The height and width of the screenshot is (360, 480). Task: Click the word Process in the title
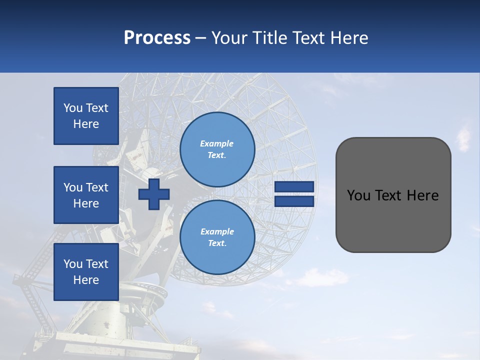(157, 38)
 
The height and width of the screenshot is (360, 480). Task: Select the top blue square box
(86, 116)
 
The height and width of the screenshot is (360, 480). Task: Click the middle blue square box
(86, 195)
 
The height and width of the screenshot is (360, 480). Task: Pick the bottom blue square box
(86, 272)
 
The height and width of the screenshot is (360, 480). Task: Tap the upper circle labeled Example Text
(217, 149)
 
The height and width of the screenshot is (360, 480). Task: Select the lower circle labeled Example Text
(217, 237)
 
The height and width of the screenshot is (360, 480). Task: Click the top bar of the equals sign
(294, 186)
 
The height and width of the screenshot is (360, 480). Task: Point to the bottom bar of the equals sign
(294, 201)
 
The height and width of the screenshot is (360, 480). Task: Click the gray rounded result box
(393, 195)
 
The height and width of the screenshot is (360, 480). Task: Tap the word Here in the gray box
(422, 195)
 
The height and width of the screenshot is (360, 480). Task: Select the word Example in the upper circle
(217, 143)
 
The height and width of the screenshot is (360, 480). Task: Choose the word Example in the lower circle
(217, 231)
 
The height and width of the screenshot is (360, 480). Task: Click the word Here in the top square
(86, 124)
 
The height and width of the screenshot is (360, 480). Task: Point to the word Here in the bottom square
(86, 280)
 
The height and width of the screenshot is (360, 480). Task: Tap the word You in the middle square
(72, 187)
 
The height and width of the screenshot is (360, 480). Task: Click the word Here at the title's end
(350, 38)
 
